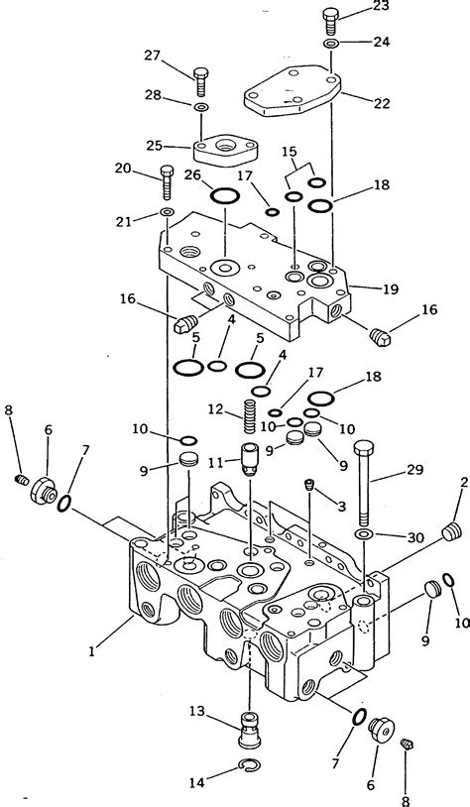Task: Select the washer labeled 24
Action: [x=330, y=45]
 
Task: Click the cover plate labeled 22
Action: [x=293, y=95]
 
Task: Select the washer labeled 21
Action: [x=167, y=213]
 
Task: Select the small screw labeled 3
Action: [x=309, y=485]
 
